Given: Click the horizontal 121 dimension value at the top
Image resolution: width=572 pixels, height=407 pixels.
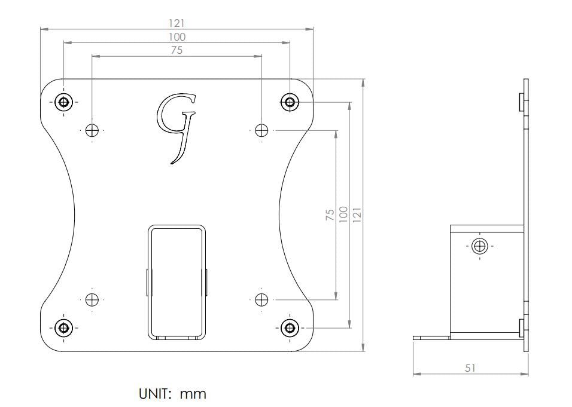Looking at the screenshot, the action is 177,23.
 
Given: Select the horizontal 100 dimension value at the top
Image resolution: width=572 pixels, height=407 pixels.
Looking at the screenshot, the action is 177,37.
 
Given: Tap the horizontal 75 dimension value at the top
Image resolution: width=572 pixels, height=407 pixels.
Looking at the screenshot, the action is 177,50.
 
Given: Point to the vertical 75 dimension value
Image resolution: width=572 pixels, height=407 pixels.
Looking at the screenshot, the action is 330,215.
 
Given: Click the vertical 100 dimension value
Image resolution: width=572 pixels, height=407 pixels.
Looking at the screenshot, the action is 343,215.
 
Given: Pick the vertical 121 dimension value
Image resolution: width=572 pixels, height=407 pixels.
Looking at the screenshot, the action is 357,215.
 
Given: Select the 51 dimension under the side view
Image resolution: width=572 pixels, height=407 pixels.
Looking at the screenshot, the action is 470,368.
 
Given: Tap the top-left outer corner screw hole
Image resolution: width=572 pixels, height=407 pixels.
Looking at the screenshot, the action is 64,102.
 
